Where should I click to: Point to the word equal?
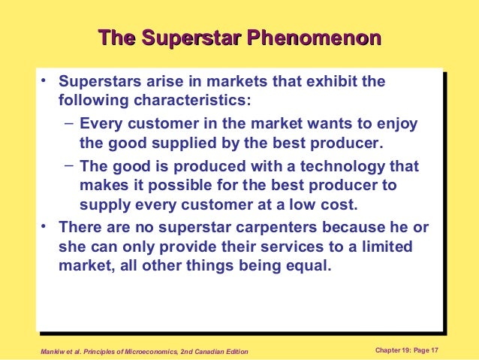pos(309,266)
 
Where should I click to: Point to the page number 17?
pos(434,350)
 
